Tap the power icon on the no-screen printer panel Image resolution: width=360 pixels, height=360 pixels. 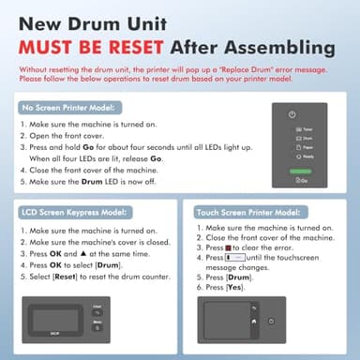tap(293, 113)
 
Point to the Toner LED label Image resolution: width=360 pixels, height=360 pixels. tap(307, 128)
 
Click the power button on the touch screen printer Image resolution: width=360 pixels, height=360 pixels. tap(271, 322)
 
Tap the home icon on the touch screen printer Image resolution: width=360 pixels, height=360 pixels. tap(252, 322)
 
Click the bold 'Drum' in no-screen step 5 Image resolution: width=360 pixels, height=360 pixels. tap(90, 181)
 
